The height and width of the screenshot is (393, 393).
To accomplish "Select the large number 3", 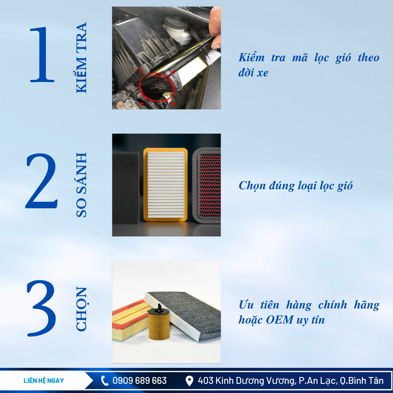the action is (41, 308).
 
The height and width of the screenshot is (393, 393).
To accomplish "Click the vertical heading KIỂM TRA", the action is (81, 58).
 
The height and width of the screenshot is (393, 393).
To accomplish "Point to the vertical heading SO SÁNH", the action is (81, 185).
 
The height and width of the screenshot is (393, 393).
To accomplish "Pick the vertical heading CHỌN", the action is (82, 309).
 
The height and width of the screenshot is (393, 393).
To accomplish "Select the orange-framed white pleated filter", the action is (165, 185).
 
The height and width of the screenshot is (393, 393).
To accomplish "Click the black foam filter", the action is (126, 188).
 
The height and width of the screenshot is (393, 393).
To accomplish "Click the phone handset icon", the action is (104, 381).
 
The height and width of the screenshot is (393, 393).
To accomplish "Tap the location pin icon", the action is (189, 381).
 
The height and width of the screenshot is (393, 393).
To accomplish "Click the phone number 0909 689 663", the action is (140, 381).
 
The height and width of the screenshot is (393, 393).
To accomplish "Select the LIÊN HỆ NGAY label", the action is (44, 381).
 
